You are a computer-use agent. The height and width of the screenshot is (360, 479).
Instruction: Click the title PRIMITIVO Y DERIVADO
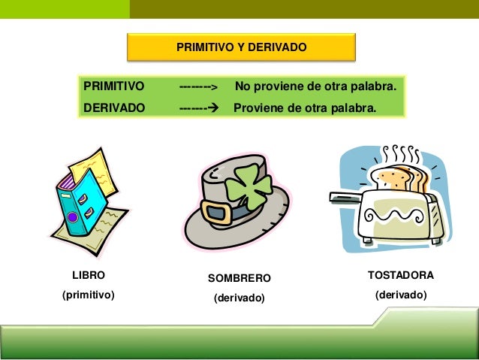[241, 47]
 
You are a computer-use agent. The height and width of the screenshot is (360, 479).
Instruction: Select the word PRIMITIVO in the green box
[114, 87]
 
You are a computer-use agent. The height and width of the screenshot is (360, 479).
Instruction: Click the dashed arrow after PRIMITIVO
[197, 88]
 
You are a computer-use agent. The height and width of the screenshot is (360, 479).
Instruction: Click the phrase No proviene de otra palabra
[315, 87]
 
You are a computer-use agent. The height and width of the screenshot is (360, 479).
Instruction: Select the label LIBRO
[88, 276]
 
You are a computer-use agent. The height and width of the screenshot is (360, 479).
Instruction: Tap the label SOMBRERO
[239, 279]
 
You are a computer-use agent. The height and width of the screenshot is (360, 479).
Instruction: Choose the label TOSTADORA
[400, 276]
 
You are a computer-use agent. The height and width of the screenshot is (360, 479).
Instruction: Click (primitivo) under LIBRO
[88, 295]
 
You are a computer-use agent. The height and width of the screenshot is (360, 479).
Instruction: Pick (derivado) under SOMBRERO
[239, 298]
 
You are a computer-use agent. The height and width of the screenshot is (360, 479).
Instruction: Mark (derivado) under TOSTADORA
[400, 295]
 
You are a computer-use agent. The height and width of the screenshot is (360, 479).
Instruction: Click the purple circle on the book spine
[73, 217]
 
